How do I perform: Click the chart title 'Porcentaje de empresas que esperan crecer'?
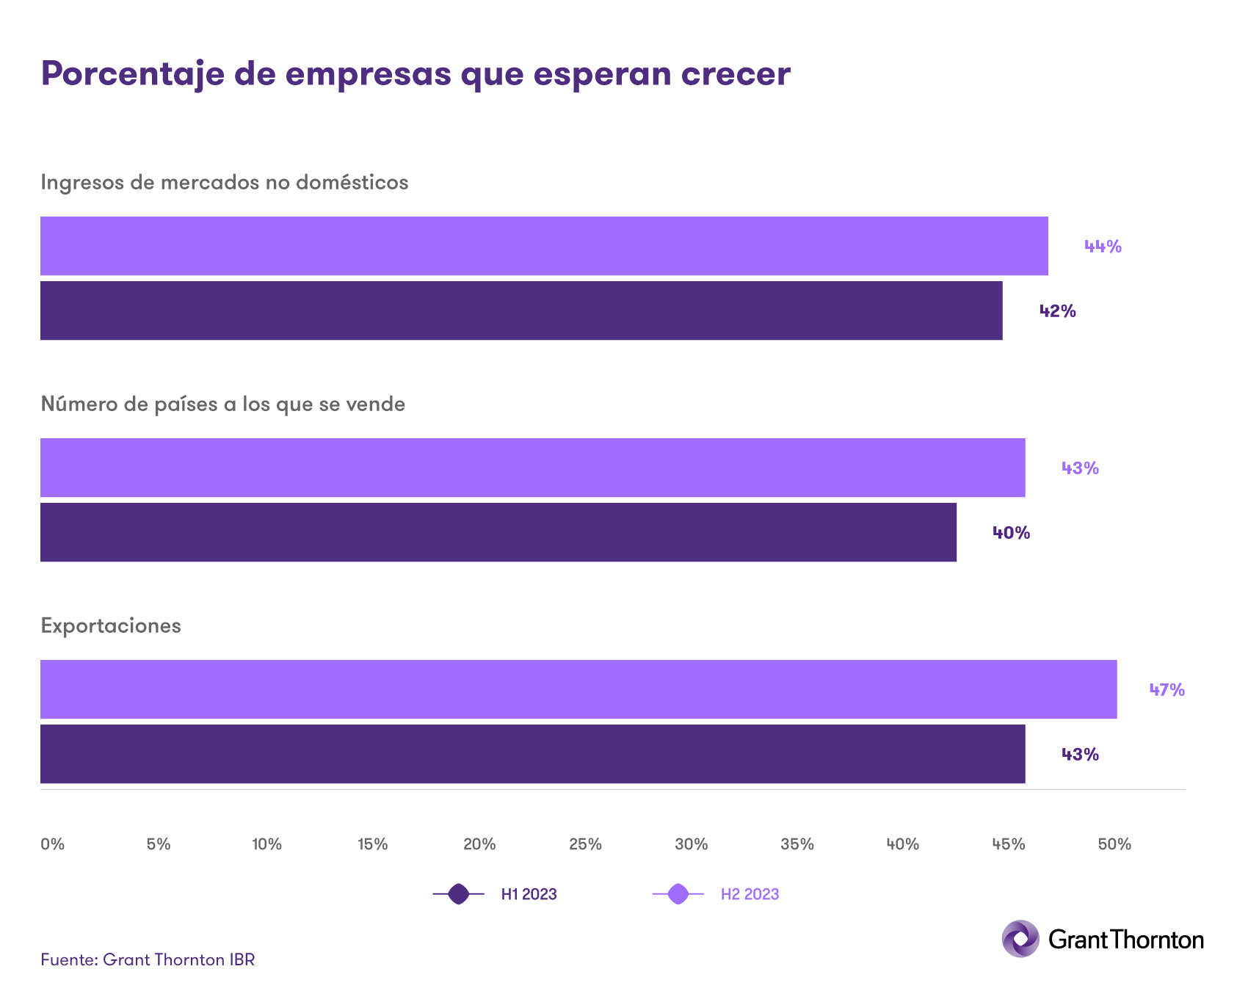click(x=415, y=74)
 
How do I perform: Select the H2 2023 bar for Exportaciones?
click(x=578, y=689)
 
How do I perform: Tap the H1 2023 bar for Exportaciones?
click(x=532, y=754)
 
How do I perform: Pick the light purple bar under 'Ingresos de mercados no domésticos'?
click(x=544, y=246)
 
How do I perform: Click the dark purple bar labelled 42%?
click(x=521, y=311)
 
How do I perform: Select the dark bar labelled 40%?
click(x=498, y=532)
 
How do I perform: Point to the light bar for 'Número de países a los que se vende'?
click(x=532, y=468)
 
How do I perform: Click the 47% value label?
click(x=1167, y=690)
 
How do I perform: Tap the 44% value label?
click(x=1103, y=247)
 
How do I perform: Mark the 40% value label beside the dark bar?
click(x=1011, y=533)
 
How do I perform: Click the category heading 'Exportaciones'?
click(x=111, y=625)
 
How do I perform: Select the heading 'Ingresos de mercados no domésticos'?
click(x=224, y=182)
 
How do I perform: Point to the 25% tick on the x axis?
click(x=585, y=844)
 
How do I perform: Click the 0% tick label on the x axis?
click(x=52, y=844)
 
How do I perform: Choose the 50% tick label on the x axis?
click(x=1114, y=844)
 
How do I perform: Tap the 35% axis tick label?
click(x=797, y=844)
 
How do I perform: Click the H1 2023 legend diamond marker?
click(x=458, y=894)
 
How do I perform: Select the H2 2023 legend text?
click(x=750, y=894)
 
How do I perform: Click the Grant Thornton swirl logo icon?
click(x=1020, y=939)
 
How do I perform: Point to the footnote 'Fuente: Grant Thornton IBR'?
click(x=148, y=959)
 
